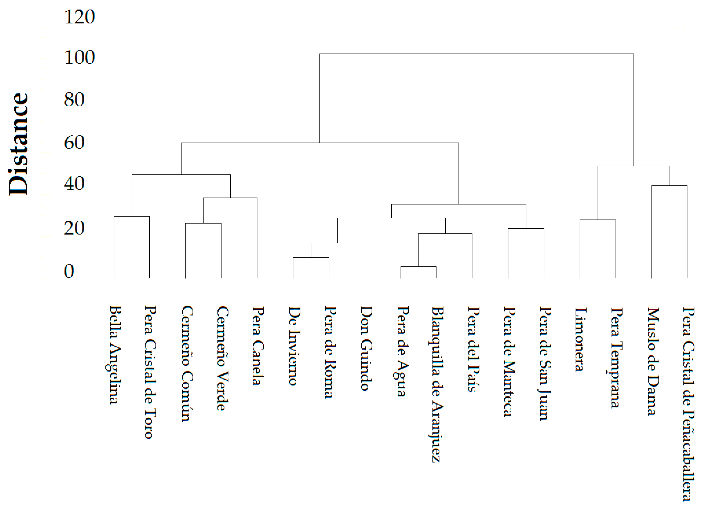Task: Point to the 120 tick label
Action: point(79,17)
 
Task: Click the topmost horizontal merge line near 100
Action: point(477,54)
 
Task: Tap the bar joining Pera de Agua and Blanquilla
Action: point(418,267)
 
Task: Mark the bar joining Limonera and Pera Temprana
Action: point(598,220)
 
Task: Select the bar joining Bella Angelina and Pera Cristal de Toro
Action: point(132,216)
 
